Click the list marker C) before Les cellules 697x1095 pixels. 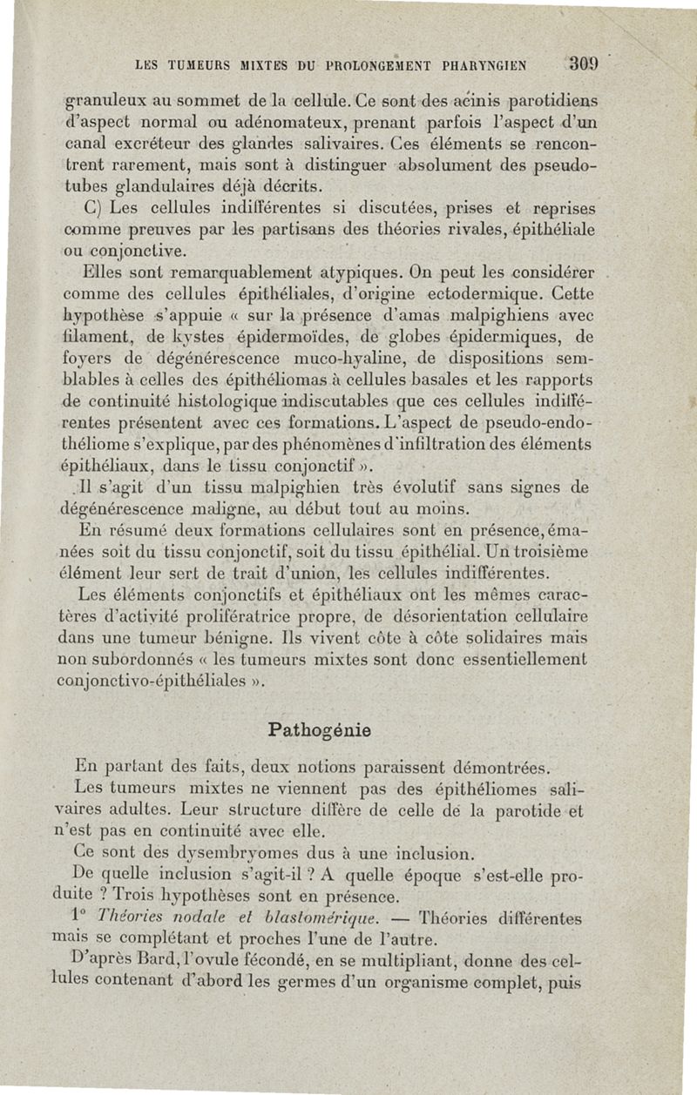click(96, 210)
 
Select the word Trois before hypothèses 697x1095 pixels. click(140, 897)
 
